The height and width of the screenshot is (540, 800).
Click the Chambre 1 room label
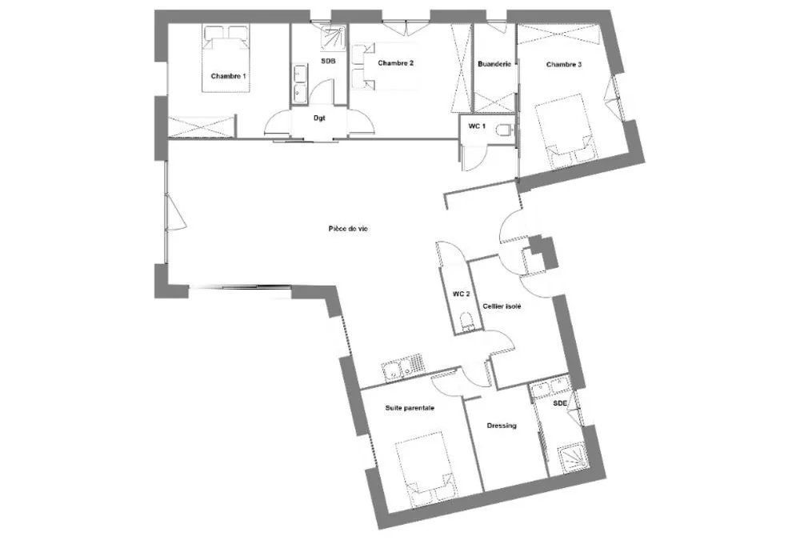pos(228,76)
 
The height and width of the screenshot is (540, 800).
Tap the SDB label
pos(328,62)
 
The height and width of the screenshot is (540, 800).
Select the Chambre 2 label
pos(395,63)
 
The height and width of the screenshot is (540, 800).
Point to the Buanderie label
pos(494,64)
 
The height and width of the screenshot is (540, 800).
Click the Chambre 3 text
pos(564,65)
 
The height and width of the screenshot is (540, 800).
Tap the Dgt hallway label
pos(319,118)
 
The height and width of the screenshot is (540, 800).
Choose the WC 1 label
pos(477,126)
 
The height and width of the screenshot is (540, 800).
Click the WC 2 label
pos(462,294)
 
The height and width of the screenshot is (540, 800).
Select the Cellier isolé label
pos(502,306)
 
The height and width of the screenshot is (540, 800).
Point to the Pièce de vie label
pos(348,229)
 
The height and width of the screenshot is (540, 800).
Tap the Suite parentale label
pos(410,408)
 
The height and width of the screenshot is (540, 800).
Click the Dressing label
pos(502,426)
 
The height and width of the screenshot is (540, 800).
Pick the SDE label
pos(560,403)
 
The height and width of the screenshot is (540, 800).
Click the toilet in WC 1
pos(503,131)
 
